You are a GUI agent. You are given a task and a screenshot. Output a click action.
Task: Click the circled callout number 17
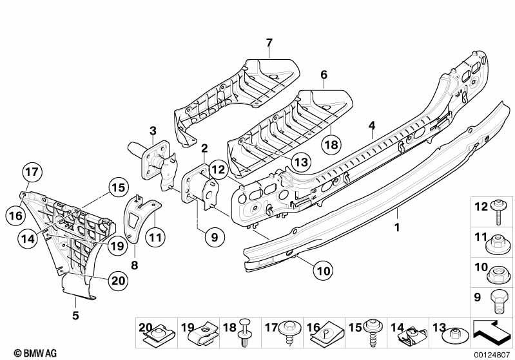click(x=32, y=172)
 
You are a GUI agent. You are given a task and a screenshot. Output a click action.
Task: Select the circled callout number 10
click(x=323, y=270)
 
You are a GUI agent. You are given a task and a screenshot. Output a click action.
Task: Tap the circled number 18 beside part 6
click(x=331, y=144)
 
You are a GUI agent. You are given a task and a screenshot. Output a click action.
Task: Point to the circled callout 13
click(x=301, y=162)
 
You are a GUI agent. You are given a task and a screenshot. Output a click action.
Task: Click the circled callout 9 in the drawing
click(x=215, y=237)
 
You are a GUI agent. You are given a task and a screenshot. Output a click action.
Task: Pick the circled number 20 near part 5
click(x=118, y=281)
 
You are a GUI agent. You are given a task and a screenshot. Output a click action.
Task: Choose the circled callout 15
click(x=118, y=187)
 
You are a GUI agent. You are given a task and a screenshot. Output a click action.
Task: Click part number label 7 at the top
click(x=269, y=43)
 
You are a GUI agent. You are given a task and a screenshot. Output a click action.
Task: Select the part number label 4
click(x=372, y=126)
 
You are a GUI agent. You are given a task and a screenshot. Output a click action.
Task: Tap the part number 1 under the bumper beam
click(x=397, y=227)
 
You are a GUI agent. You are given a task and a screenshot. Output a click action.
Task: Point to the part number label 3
click(x=153, y=131)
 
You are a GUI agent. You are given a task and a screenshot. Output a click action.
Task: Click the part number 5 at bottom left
click(x=75, y=316)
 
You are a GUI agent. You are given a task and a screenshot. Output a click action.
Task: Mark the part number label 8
click(x=134, y=265)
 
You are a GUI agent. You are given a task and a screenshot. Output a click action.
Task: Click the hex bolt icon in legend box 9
click(x=497, y=301)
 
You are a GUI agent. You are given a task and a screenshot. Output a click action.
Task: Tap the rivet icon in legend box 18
click(x=245, y=332)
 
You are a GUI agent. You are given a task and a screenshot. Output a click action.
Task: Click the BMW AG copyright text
click(x=35, y=353)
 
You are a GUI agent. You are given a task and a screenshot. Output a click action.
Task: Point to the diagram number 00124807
click(x=492, y=355)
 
